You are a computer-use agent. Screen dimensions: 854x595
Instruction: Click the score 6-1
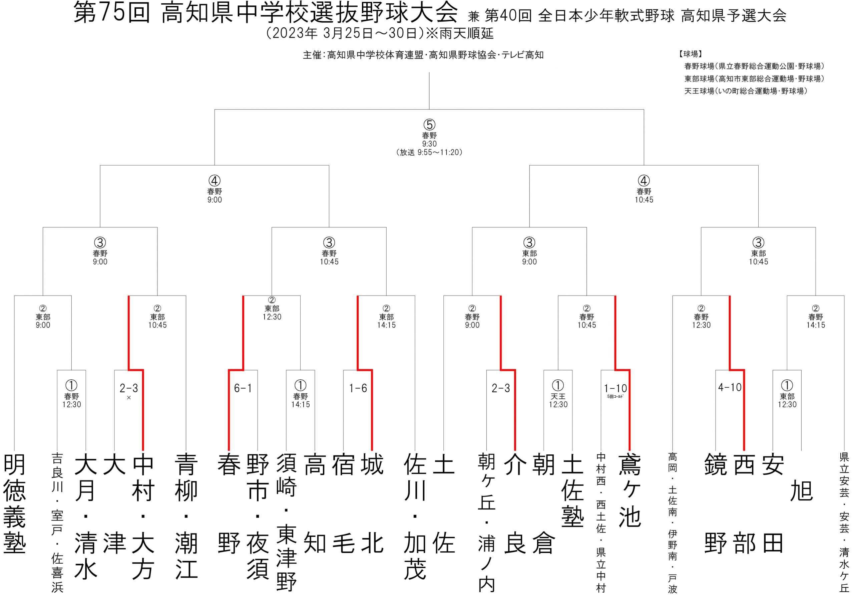pos(243,388)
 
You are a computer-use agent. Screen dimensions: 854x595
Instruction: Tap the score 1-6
pos(358,388)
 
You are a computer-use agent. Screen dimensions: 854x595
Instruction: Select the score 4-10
pos(730,387)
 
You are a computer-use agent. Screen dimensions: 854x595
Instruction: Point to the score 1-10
pos(615,388)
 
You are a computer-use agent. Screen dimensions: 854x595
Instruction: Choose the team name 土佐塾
pos(572,490)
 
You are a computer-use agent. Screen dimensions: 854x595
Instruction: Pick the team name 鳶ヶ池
pos(630,490)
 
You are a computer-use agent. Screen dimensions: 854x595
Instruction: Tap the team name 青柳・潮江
pos(186,516)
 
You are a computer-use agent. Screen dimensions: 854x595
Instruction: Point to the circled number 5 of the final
pos(429,125)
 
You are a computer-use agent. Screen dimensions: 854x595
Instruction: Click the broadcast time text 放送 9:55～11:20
pos(429,152)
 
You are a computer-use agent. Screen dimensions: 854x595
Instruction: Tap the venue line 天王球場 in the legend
pos(746,91)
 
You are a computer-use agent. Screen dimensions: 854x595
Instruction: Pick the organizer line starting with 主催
pos(423,55)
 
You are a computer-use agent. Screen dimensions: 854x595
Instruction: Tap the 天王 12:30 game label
pos(558,400)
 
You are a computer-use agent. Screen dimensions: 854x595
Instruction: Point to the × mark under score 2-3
pos(129,398)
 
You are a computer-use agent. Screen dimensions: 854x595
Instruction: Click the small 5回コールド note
pos(615,397)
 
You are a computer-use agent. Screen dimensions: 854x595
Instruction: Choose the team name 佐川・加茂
pos(415,516)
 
